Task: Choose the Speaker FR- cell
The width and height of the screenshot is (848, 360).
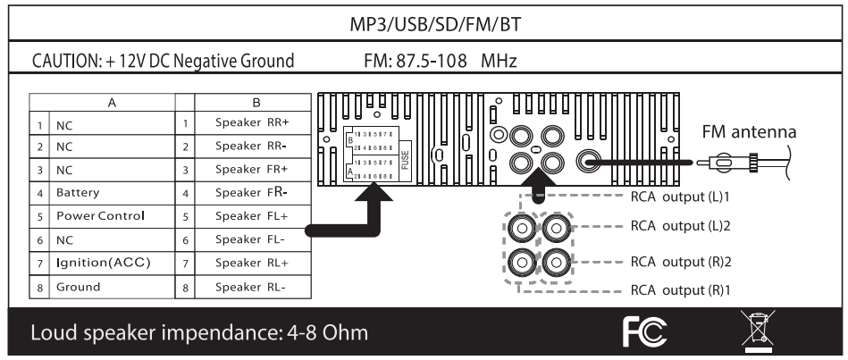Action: click(x=247, y=190)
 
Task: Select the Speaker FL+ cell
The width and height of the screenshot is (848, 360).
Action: click(x=247, y=215)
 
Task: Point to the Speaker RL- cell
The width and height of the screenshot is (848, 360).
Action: click(x=247, y=287)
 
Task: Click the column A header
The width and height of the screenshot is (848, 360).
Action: click(x=111, y=104)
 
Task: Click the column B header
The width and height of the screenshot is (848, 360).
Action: click(x=256, y=104)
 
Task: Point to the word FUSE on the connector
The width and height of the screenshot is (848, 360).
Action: click(x=405, y=159)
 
